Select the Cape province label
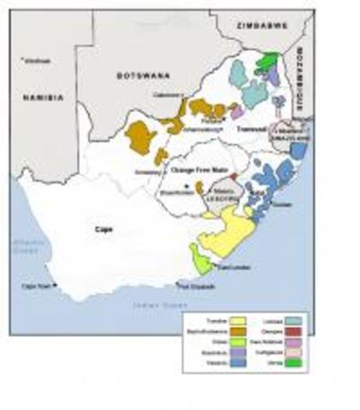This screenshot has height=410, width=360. coord(104,229)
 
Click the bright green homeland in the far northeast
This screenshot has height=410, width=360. coord(271,61)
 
